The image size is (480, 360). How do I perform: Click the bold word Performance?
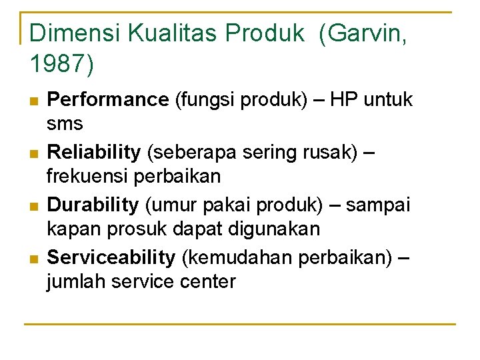click(x=109, y=100)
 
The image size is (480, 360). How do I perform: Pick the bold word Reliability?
click(x=94, y=152)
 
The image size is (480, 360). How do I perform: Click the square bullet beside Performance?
click(x=34, y=101)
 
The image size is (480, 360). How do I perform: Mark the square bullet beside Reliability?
click(x=34, y=153)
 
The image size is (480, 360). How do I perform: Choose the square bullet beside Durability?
click(x=34, y=205)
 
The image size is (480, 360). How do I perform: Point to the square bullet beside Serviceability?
click(x=34, y=257)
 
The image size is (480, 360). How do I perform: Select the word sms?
click(x=65, y=125)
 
